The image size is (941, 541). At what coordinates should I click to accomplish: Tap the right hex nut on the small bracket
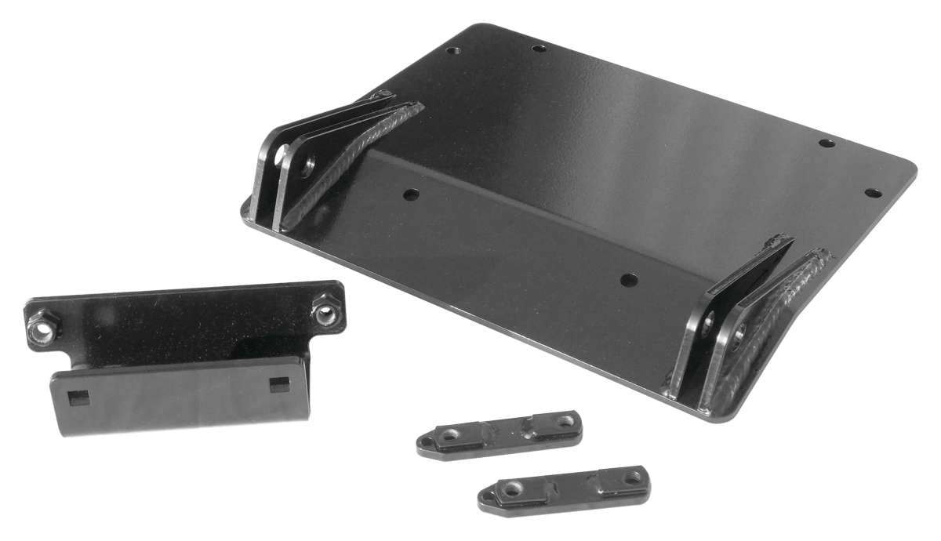coord(325,313)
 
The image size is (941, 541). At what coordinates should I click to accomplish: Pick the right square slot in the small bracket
coord(279,383)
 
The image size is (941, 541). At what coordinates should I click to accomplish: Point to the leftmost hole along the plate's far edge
coord(452,51)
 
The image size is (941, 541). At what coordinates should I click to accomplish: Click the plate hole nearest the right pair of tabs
coord(627,278)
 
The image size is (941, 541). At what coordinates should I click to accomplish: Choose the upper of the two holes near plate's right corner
coord(826,143)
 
